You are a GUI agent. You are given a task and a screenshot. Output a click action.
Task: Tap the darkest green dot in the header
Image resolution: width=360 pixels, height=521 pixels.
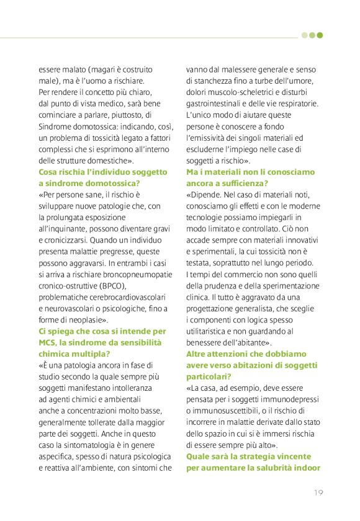pos(320,35)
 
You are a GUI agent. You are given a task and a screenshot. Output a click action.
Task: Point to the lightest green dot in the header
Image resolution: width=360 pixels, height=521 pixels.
pos(304,35)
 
